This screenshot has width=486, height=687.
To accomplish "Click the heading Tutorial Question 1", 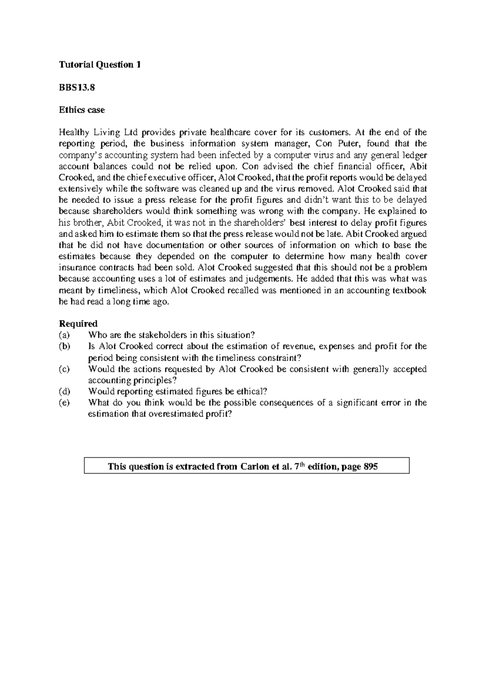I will (100, 65).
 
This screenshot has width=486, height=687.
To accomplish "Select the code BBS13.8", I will (77, 87).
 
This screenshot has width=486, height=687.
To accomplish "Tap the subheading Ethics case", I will (82, 110).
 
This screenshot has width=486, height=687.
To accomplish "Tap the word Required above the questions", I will (78, 324).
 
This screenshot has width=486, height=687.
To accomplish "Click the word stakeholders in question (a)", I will (163, 335).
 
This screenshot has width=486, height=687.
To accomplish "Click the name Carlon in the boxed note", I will (254, 467).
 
